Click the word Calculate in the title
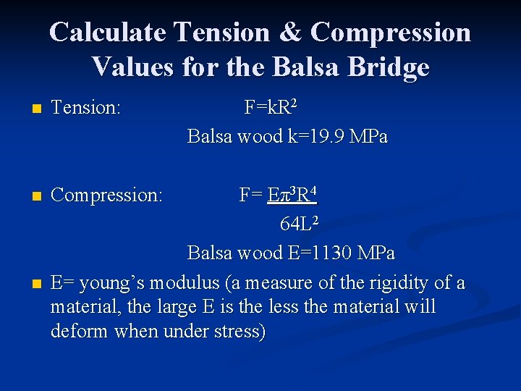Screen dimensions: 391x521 point(108,33)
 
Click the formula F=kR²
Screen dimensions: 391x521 point(270,108)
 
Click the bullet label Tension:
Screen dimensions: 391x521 point(85,109)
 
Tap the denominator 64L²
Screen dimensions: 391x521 point(297,224)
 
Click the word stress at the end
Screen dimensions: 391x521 point(238,332)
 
